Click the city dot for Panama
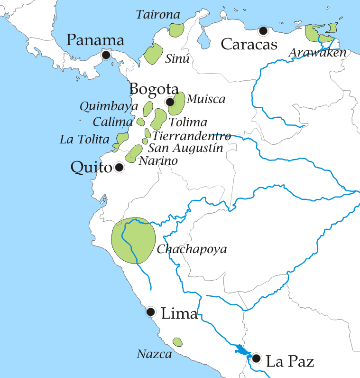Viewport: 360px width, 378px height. coord(106,55)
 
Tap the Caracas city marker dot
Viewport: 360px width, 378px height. coord(263,31)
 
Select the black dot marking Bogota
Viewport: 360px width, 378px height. coord(170,102)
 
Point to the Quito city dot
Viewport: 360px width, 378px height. coord(119,167)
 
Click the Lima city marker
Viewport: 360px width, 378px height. coord(150,312)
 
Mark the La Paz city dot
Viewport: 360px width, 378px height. coord(257,358)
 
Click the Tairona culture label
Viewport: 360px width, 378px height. coord(158,15)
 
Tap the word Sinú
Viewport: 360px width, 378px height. coord(177,59)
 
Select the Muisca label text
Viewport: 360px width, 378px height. coord(206,99)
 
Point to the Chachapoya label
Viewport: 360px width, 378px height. coord(192,249)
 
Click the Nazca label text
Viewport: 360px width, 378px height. coord(154,354)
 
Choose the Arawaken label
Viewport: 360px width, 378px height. coord(317,53)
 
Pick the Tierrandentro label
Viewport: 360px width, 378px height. coord(192,136)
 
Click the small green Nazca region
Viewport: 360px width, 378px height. coord(177,342)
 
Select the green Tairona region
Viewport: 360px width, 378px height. coord(176,30)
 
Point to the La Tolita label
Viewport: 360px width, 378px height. coord(84,140)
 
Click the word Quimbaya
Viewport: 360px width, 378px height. coord(109,106)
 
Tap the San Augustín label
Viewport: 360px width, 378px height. coord(185,148)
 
